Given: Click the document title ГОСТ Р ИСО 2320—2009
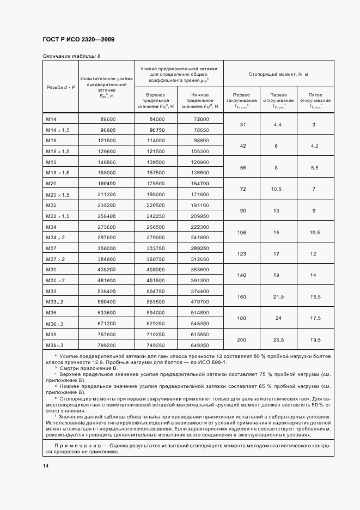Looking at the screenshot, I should (x=78, y=40).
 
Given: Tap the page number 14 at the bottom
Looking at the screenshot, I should (x=46, y=466).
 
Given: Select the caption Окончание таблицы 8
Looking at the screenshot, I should (x=71, y=56).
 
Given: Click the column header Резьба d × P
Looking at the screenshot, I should (x=60, y=87).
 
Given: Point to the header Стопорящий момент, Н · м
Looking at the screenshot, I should (x=278, y=74).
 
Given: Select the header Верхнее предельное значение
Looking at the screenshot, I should (x=156, y=101).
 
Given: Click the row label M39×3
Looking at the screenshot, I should (x=55, y=345).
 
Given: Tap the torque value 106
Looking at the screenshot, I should (x=242, y=232).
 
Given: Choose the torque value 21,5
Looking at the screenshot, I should (x=278, y=297).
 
